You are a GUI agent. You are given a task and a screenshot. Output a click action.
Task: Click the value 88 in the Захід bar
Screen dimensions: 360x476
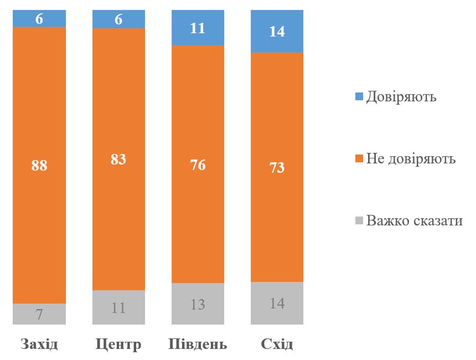tap(39, 165)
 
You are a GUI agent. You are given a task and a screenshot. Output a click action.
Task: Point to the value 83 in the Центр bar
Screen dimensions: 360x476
tap(118, 160)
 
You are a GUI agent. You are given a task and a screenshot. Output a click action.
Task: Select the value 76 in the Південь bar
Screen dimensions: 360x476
tap(198, 165)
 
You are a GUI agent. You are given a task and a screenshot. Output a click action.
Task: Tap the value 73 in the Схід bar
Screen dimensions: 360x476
tap(277, 167)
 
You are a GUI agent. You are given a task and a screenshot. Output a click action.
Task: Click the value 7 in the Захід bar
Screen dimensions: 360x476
tap(39, 315)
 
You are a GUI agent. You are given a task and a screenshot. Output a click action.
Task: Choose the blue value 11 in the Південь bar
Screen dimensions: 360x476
tap(198, 28)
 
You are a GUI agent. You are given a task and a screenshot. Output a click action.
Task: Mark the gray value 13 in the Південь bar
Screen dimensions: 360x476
tap(198, 304)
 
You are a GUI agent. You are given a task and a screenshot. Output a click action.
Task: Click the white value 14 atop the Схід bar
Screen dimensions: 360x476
tap(277, 32)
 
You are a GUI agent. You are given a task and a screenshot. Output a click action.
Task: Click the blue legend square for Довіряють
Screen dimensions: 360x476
tap(359, 97)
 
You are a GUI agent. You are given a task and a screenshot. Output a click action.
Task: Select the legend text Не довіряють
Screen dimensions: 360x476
tap(411, 159)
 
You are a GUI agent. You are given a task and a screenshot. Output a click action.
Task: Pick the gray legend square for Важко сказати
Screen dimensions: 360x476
tap(359, 221)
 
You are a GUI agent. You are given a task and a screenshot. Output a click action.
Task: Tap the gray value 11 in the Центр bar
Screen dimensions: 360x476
tap(118, 308)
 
